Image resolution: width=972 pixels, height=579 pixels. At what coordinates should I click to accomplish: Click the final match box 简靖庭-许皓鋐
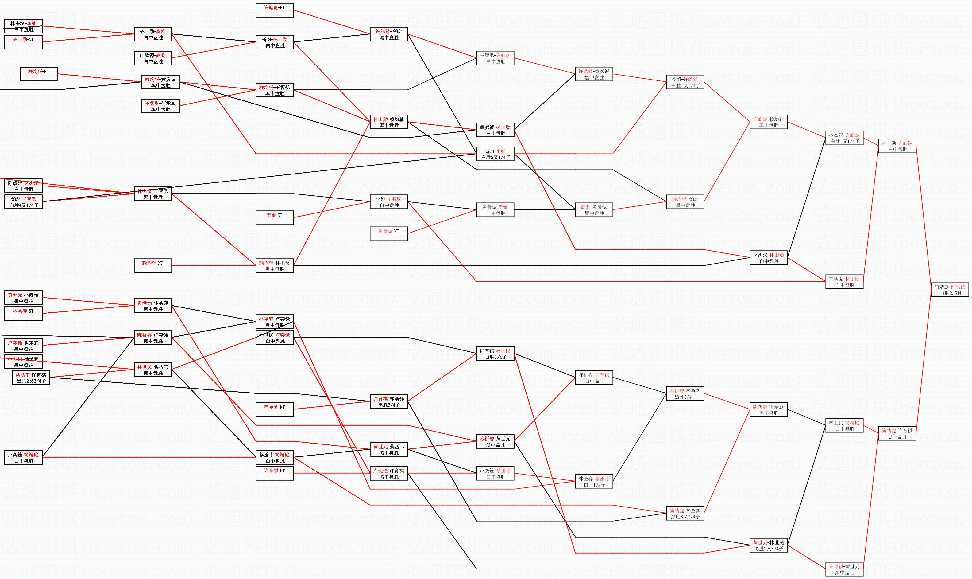point(949,290)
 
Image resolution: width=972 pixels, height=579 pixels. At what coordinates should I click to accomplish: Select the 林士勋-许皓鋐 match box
point(897,146)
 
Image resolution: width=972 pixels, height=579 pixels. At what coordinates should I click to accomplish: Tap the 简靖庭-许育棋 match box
point(897,434)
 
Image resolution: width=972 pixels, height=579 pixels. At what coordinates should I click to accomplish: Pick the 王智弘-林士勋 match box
point(844,282)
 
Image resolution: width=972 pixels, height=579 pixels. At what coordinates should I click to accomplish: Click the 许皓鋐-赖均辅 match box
point(769,123)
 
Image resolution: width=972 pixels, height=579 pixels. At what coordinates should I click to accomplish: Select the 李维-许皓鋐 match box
point(685,82)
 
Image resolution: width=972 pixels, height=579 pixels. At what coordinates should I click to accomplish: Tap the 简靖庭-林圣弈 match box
point(685,514)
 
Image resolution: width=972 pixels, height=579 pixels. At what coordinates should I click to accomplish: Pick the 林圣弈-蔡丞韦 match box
point(594,481)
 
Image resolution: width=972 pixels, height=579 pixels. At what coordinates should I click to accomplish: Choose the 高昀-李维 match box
point(495,154)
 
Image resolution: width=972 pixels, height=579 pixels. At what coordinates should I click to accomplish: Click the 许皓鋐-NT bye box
point(274,10)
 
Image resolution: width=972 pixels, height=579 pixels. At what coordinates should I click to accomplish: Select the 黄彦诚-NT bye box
point(388,234)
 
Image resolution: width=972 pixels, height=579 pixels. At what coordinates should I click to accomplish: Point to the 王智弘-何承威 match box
point(160,106)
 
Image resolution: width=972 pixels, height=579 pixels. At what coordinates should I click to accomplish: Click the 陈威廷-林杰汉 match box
point(23,186)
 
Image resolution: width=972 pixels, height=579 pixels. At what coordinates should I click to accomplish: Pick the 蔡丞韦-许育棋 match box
point(31,378)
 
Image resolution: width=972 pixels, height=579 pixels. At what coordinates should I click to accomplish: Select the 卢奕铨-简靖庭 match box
point(23,458)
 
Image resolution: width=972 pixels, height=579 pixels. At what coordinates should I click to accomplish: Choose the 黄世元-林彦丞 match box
point(23,298)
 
